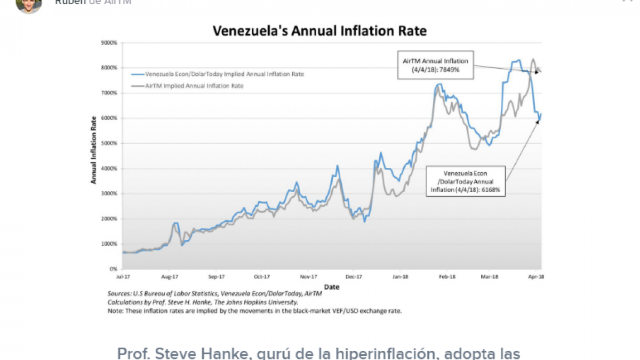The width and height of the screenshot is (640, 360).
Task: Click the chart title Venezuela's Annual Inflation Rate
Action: pyautogui.click(x=319, y=30)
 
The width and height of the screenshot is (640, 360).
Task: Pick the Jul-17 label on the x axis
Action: pyautogui.click(x=123, y=277)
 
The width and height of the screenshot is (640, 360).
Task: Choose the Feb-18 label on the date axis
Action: pyautogui.click(x=447, y=277)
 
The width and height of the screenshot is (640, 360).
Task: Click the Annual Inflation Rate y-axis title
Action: pyautogui.click(x=93, y=150)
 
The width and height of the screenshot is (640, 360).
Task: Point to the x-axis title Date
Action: pyautogui.click(x=332, y=287)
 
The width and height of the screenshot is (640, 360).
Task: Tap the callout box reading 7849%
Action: pyautogui.click(x=435, y=65)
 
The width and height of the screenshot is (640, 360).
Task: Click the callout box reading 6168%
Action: pyautogui.click(x=466, y=181)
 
